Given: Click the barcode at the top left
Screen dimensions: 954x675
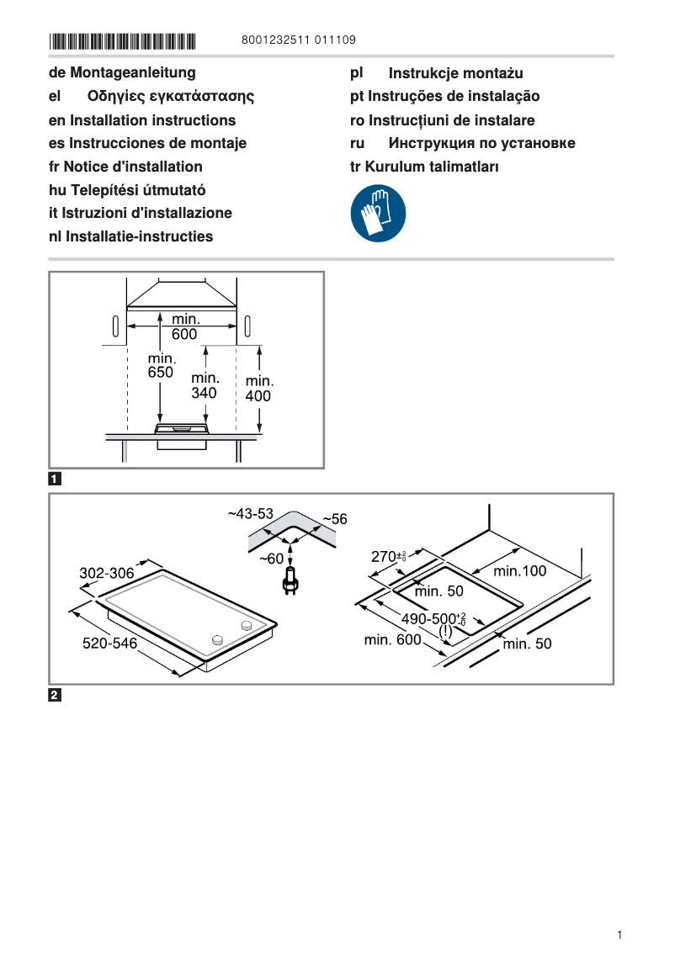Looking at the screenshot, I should tap(122, 40).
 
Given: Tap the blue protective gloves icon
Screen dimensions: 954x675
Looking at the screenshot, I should tap(378, 214).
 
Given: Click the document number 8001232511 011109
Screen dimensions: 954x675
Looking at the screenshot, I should tap(298, 40).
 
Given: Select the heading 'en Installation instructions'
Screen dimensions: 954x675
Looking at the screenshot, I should tap(142, 120).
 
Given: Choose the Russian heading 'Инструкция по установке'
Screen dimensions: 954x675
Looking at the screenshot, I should tap(481, 143).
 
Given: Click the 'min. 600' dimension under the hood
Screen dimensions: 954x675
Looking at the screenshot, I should tap(185, 327).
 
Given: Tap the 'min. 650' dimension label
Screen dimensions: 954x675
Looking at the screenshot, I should tap(160, 365).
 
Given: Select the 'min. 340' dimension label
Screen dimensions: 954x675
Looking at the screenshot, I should tap(204, 385).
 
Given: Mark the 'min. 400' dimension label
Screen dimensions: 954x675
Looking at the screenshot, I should tap(258, 388).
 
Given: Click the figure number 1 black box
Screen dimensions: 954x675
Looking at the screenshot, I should tap(55, 480).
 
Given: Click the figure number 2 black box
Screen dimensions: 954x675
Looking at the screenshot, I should tap(55, 696).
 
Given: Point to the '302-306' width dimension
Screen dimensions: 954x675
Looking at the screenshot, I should tap(107, 573).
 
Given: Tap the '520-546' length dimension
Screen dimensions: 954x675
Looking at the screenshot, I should tap(109, 644).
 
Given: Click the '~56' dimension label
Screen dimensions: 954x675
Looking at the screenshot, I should tap(334, 520).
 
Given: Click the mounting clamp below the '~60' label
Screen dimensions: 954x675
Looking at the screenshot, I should tap(290, 581).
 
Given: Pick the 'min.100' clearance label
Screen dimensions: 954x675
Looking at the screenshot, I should tap(519, 571).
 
